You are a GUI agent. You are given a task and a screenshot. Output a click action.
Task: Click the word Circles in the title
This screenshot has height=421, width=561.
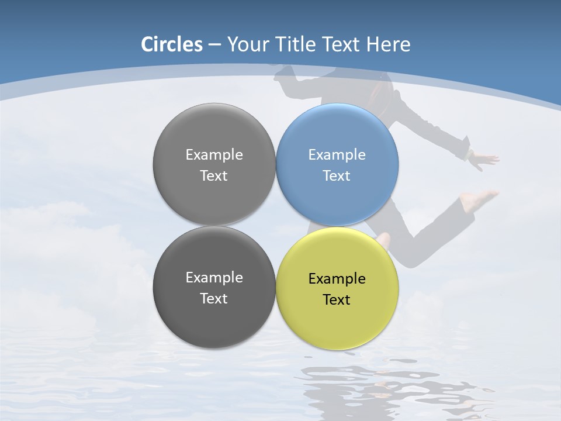[172, 44]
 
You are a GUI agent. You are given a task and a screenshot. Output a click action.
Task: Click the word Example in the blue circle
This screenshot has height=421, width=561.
[337, 155]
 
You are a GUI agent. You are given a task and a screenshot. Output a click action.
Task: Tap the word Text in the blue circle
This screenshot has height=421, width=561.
[337, 176]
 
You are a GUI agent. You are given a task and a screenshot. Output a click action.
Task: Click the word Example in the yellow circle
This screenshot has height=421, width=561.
[337, 279]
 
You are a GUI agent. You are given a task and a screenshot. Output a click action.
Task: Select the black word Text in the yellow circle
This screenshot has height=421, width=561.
[337, 300]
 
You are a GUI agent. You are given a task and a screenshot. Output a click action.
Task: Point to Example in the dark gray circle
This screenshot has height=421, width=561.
[214, 278]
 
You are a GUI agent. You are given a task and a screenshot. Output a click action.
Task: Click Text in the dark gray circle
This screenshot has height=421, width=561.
[214, 299]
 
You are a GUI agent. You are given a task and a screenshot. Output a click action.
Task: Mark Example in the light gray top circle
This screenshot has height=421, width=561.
[214, 155]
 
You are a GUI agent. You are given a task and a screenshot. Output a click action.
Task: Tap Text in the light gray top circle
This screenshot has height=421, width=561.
[214, 176]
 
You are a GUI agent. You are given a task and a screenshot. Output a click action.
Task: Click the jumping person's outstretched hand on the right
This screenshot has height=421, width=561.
[485, 158]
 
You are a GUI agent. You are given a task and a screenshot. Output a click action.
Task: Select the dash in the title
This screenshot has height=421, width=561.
[214, 45]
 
